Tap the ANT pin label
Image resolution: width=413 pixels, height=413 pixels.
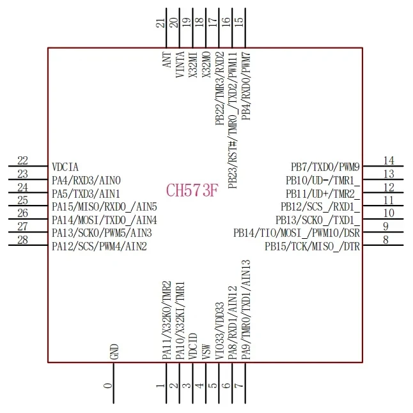click(x=166, y=60)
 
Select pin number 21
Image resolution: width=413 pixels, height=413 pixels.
click(x=160, y=23)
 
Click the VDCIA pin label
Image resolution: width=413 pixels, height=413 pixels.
click(x=65, y=167)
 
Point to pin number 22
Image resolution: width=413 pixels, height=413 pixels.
click(x=23, y=161)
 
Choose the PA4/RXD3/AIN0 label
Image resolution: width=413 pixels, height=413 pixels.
click(x=86, y=181)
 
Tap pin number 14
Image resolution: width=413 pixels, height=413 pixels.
click(x=389, y=161)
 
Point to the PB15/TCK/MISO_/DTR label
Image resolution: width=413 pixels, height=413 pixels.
click(x=313, y=246)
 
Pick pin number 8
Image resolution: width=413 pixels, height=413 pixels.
click(x=386, y=240)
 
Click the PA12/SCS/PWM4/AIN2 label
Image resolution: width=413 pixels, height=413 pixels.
click(x=99, y=246)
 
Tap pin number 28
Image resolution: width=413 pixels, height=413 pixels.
click(x=23, y=240)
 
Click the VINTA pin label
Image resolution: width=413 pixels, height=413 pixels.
click(x=180, y=64)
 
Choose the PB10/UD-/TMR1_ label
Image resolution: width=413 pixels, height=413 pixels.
click(x=323, y=181)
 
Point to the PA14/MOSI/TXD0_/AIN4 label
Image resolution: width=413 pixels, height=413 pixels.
click(x=104, y=220)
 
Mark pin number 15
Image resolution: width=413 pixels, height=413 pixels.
click(x=240, y=20)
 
